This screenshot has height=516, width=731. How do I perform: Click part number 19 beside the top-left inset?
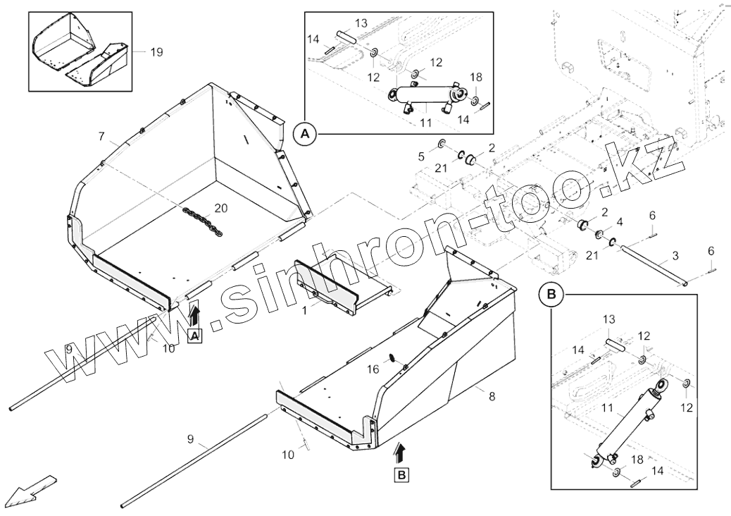(156, 51)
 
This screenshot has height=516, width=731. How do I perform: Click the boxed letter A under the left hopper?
(195, 336)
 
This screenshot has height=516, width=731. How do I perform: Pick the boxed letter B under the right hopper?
(401, 475)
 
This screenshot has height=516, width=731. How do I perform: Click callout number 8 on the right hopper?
(492, 396)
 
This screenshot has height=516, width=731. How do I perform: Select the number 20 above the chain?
(221, 208)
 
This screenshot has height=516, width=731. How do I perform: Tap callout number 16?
(373, 368)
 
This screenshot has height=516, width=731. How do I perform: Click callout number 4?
(619, 223)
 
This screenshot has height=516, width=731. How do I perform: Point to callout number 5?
(422, 155)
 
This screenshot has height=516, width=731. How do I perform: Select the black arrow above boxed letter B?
(401, 451)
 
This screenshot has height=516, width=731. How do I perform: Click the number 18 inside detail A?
(477, 77)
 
